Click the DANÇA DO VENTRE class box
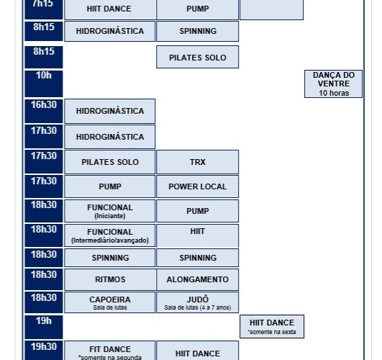click(333, 84)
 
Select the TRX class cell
click(198, 162)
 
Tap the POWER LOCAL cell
click(198, 186)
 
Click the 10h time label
click(44, 76)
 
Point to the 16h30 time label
click(44, 105)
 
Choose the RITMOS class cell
click(110, 279)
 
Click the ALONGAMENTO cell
click(198, 279)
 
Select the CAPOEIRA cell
click(110, 302)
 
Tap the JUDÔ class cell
click(198, 302)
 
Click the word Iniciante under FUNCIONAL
click(110, 216)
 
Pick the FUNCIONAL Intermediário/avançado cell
click(110, 235)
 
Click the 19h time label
click(44, 320)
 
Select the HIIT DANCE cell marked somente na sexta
click(272, 327)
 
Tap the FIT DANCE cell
click(110, 351)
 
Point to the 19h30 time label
click(44, 346)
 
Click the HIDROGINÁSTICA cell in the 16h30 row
click(110, 111)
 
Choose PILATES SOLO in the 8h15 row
click(198, 57)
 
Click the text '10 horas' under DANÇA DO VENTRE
click(334, 93)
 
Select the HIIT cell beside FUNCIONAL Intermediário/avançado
click(198, 235)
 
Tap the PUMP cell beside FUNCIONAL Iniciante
click(198, 211)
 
